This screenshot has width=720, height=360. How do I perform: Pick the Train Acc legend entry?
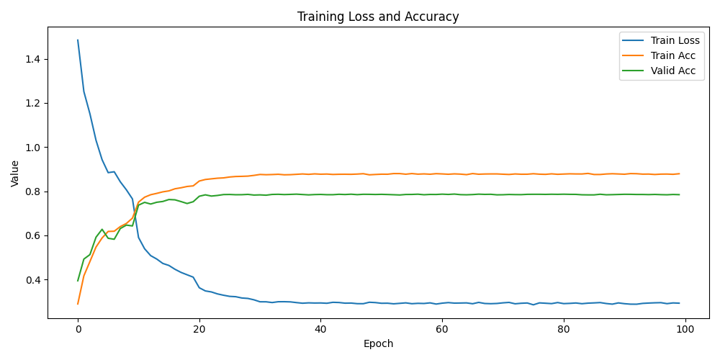click(674, 56)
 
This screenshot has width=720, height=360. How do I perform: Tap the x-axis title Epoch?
click(378, 344)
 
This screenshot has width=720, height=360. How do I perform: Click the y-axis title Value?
click(15, 174)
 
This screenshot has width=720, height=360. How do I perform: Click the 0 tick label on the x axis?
click(78, 329)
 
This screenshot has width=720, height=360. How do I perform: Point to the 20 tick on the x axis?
click(199, 329)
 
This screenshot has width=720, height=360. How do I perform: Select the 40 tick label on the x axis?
click(320, 329)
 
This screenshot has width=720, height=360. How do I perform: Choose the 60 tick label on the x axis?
click(442, 329)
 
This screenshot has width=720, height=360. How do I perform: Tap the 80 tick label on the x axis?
click(564, 329)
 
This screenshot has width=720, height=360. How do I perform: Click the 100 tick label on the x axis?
click(685, 329)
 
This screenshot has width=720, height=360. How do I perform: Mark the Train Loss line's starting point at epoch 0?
click(78, 40)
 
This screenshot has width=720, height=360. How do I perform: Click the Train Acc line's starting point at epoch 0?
click(78, 304)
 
